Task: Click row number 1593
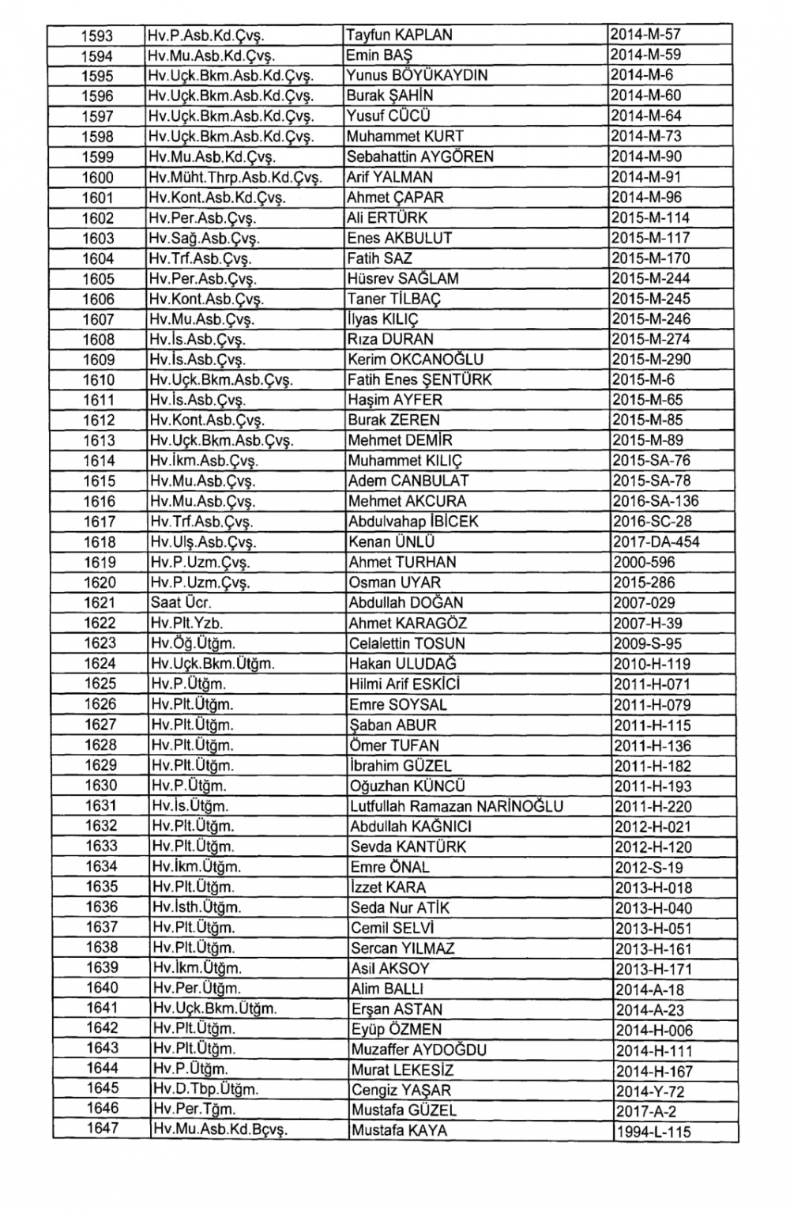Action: (98, 36)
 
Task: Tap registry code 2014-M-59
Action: (645, 55)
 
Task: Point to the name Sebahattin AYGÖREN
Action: (420, 156)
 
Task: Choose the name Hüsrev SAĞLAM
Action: (403, 278)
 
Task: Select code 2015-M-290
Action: (651, 360)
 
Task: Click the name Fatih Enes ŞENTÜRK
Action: (419, 379)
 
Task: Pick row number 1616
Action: (100, 501)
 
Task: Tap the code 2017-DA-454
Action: (656, 542)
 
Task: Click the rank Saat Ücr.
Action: (177, 602)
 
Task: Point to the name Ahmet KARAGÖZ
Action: (408, 623)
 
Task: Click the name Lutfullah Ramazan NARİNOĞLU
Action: (457, 806)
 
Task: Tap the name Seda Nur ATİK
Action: (400, 907)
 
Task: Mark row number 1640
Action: (102, 988)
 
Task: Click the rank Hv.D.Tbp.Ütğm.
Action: (205, 1089)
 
